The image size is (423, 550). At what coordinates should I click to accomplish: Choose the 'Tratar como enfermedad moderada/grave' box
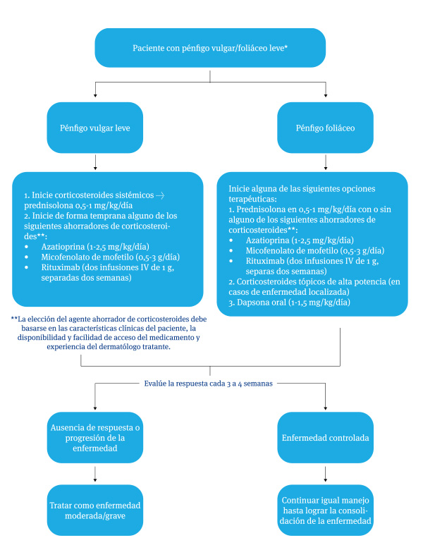point(95,509)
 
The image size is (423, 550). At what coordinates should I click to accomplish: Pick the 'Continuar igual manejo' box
point(325,509)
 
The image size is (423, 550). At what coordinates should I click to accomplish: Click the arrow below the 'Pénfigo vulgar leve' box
point(95,163)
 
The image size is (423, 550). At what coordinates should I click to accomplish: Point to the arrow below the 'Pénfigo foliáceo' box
point(325,163)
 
